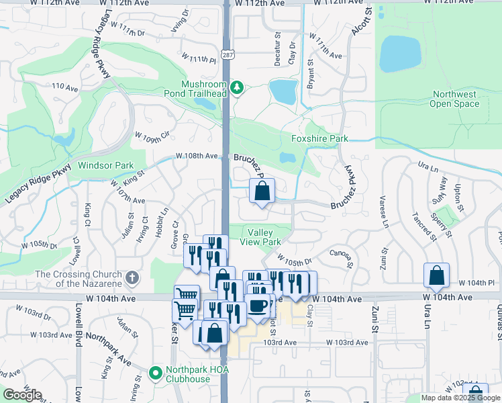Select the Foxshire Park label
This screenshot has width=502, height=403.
[x=319, y=139]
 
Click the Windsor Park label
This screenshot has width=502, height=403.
[x=105, y=165]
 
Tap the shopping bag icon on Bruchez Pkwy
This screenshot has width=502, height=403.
[x=262, y=191]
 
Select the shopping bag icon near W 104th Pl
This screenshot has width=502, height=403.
[x=436, y=275]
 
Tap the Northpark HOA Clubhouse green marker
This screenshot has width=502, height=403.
[x=156, y=371]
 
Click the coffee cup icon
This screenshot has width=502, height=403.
[x=258, y=306]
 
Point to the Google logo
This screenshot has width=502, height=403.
[x=22, y=395]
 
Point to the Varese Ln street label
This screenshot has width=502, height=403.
[x=384, y=209]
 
